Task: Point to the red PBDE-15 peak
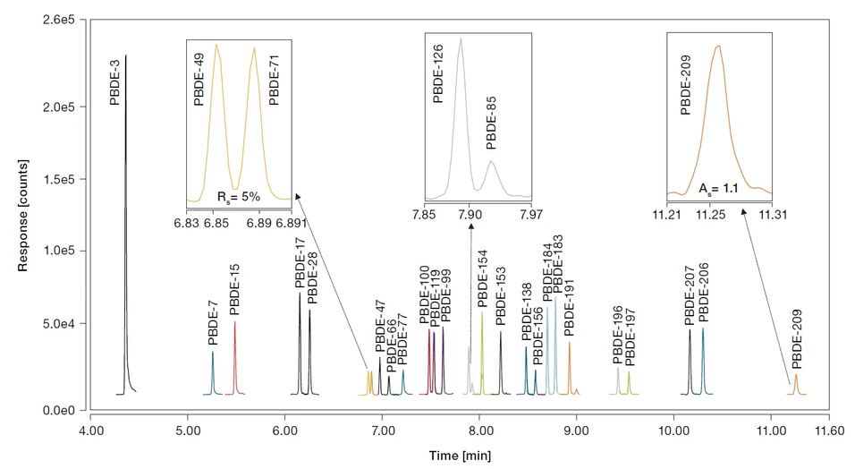point(235,358)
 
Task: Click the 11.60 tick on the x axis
point(829,430)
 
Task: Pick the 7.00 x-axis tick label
point(382,430)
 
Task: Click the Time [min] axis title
point(459,456)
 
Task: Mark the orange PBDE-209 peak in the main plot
point(795,385)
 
